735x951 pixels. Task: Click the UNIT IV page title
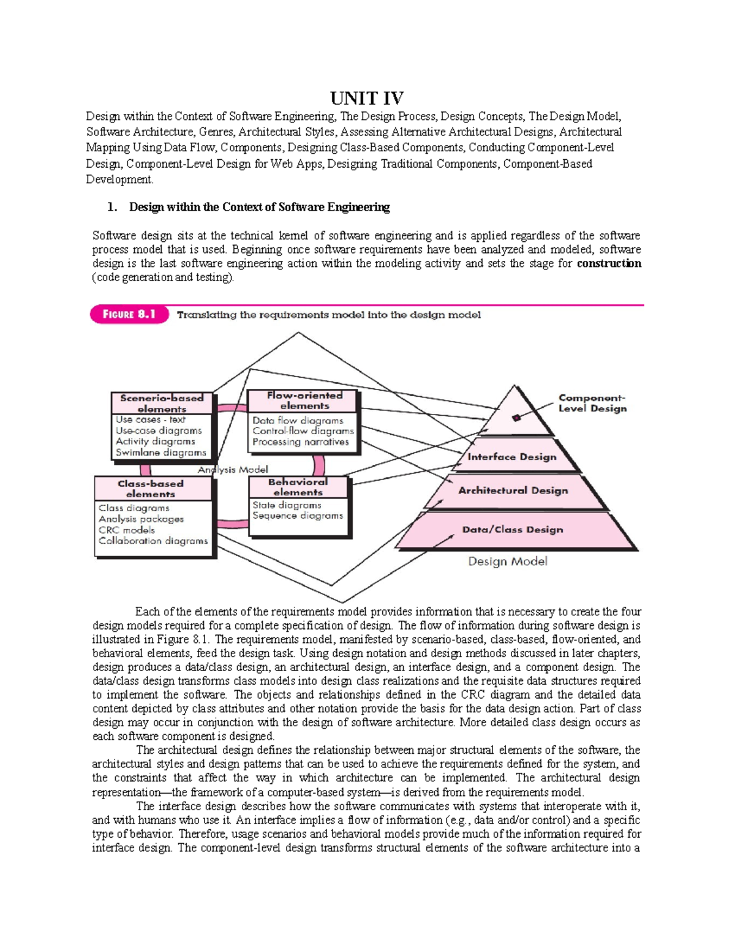pos(367,98)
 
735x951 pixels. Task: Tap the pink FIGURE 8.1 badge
pos(129,315)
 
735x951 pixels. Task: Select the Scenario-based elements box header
pos(162,403)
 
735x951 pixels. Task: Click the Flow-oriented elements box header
pos(304,400)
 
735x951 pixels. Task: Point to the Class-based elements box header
pos(151,489)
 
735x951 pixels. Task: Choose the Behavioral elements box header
pos(298,487)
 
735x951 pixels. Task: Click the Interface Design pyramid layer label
pos(511,457)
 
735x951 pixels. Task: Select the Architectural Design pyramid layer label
pos(513,491)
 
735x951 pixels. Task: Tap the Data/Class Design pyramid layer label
pos(512,530)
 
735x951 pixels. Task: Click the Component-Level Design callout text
pos(592,403)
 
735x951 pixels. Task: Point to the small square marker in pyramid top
pos(516,418)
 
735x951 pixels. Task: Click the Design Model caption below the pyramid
pos(507,562)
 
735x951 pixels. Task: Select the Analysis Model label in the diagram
pos(233,470)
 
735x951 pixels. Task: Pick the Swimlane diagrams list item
pos(160,453)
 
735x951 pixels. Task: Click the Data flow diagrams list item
pos(298,421)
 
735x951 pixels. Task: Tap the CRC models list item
pos(127,530)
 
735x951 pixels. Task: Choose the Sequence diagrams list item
pos(298,516)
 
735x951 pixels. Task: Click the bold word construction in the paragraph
pos(609,264)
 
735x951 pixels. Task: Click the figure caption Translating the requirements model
pos(329,315)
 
